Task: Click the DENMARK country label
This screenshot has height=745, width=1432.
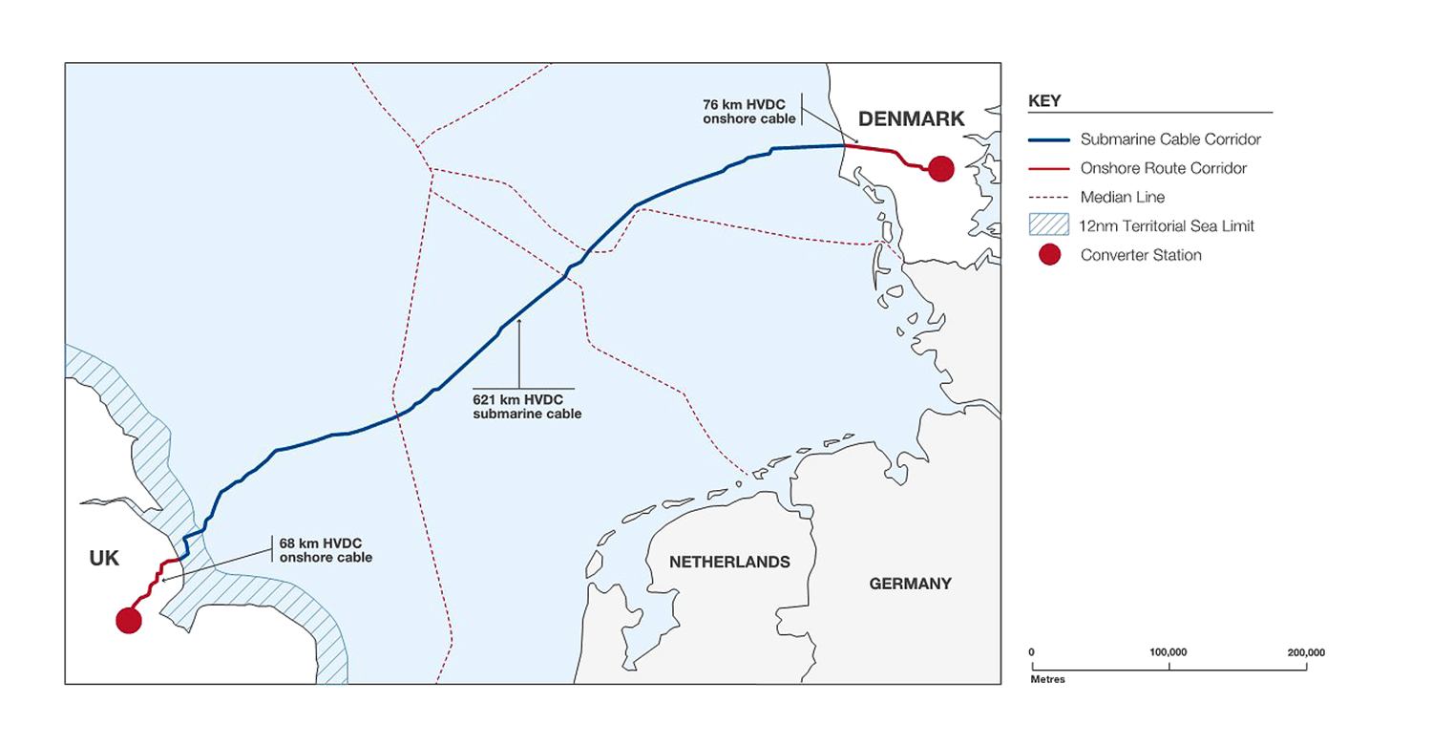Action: click(912, 118)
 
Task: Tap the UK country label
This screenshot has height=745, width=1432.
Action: click(104, 559)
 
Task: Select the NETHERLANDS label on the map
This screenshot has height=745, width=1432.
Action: click(729, 562)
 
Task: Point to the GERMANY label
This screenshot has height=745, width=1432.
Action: click(910, 584)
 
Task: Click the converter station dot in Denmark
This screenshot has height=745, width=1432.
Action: click(940, 168)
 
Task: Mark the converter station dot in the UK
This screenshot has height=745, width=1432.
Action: click(129, 620)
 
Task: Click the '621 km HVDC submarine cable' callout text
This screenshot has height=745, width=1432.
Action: click(527, 407)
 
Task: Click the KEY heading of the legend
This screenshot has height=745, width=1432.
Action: click(1044, 100)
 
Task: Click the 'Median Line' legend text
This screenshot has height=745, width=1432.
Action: click(1123, 198)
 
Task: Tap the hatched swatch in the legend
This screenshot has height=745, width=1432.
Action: click(1049, 226)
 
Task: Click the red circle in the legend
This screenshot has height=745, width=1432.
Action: click(1050, 255)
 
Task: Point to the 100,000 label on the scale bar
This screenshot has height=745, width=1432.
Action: click(1169, 652)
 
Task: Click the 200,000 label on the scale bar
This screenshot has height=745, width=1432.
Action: click(1306, 652)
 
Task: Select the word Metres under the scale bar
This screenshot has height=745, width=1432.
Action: click(1047, 680)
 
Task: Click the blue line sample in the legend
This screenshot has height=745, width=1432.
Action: click(1049, 139)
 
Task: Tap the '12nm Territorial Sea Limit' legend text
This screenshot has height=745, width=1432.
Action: click(1168, 226)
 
